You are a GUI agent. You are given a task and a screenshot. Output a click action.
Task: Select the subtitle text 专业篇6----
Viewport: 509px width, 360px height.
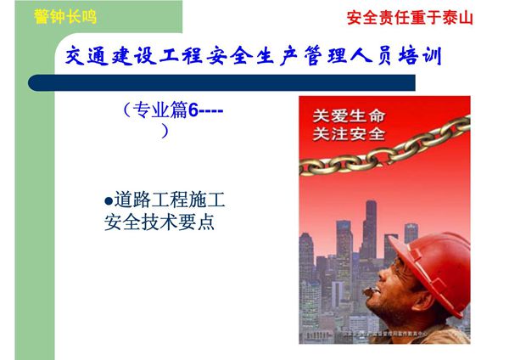click(x=173, y=110)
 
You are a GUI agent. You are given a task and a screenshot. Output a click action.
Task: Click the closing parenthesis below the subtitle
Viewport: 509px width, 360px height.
click(x=165, y=131)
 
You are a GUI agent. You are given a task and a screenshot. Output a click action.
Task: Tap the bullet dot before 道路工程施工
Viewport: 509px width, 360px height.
click(x=108, y=201)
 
